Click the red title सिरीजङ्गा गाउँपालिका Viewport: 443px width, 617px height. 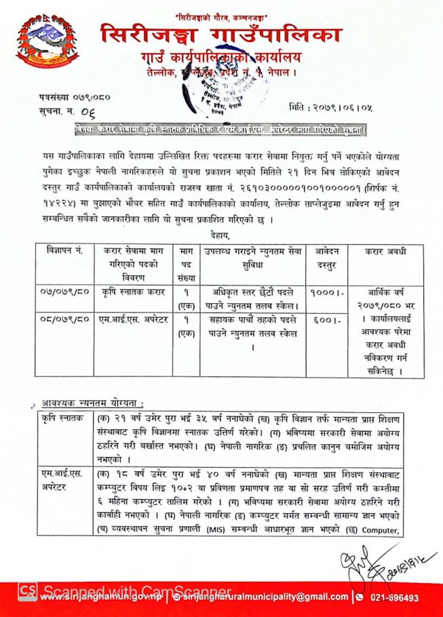(x=220, y=35)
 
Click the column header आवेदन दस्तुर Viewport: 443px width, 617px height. (x=322, y=257)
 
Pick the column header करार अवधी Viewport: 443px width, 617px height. (x=385, y=251)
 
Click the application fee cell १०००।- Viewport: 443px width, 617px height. (x=322, y=292)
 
